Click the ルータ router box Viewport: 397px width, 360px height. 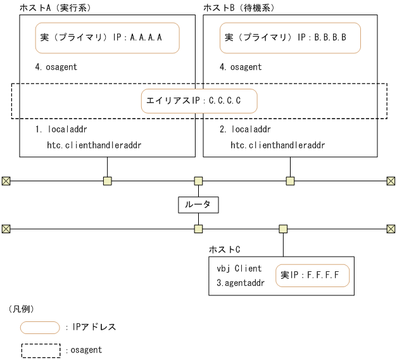coord(198,205)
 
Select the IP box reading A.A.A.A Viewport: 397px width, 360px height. coord(106,38)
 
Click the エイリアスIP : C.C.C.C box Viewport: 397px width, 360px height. coord(199,101)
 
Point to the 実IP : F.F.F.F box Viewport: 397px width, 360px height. coord(312,276)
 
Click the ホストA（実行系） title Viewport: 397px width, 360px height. coord(53,7)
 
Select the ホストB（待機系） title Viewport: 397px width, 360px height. coord(239,7)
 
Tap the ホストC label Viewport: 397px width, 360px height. coord(224,250)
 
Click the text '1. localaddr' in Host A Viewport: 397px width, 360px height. coord(61,130)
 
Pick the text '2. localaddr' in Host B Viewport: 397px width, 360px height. coord(245,130)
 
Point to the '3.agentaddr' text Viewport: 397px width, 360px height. coord(241,282)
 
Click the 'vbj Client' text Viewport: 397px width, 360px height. coord(239,269)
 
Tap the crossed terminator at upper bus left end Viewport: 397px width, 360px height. coord(6,181)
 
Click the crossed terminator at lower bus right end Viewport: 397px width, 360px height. coord(391,228)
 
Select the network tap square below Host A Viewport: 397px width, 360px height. coord(107,181)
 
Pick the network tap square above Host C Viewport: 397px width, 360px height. coord(283,228)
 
